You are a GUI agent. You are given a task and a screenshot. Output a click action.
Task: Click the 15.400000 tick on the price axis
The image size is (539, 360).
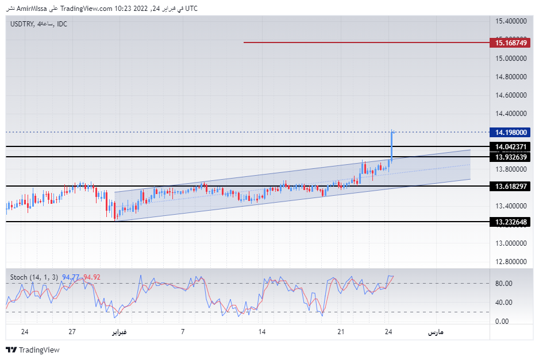511,21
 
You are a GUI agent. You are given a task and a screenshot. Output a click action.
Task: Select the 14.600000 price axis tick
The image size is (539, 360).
511,95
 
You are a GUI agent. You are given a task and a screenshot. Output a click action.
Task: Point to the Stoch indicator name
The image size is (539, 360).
18,277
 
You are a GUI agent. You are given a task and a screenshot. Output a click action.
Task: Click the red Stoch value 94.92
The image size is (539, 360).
92,277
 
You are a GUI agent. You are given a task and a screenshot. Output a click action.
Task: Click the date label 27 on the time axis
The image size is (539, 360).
72,332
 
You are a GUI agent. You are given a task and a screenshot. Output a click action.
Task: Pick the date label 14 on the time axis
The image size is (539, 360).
262,332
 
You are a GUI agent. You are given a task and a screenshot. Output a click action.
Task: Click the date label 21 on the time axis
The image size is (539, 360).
341,332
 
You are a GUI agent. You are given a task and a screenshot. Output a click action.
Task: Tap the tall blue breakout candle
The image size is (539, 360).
392,146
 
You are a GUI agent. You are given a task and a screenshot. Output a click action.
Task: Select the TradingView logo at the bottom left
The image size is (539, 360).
33,350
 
